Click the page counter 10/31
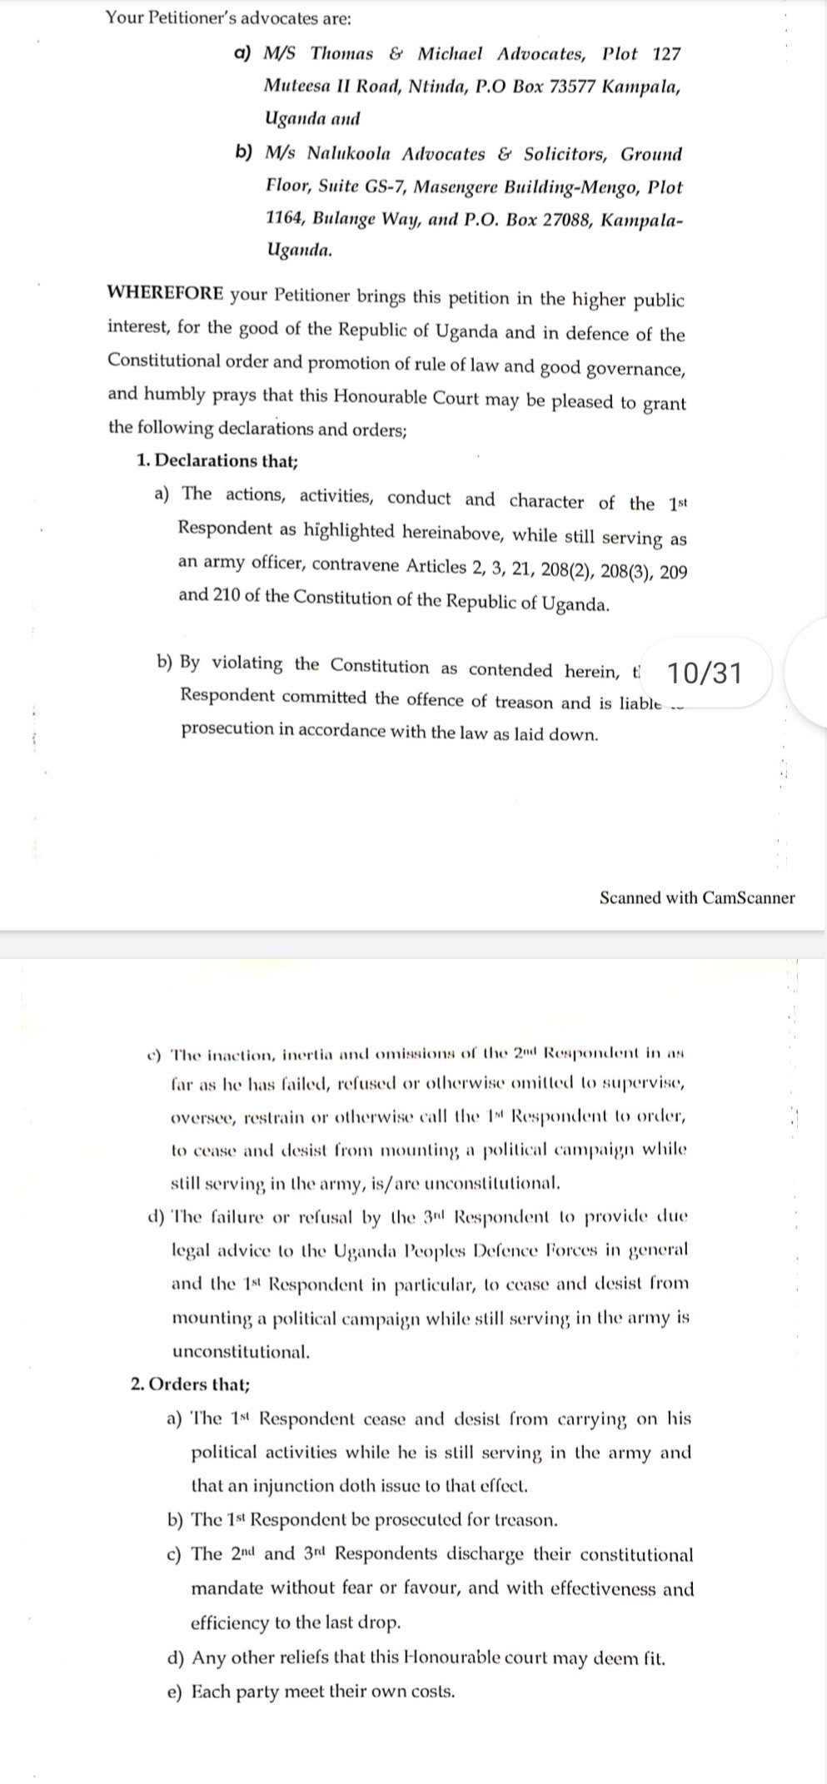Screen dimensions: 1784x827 pos(705,673)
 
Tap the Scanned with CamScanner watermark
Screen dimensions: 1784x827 pos(696,897)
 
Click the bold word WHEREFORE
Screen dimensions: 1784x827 pos(165,294)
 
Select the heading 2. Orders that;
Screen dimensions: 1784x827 pos(191,1384)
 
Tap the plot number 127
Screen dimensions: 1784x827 pos(666,54)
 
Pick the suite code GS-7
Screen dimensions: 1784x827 pos(384,186)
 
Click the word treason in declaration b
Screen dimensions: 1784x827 pos(523,701)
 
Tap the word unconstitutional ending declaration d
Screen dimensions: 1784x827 pos(240,1351)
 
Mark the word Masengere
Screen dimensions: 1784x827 pos(456,187)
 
